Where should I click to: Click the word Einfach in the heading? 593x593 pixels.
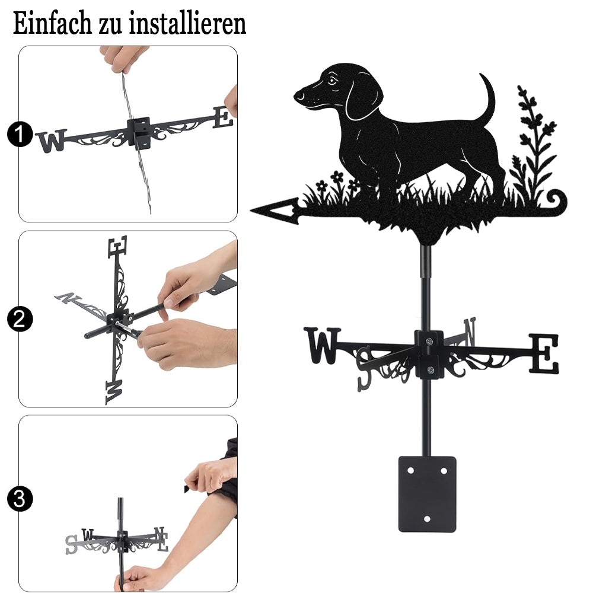pos(52,23)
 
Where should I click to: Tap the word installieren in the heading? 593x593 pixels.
pos(187,23)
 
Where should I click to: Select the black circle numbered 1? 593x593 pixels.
pos(20,135)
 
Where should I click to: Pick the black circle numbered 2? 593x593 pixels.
pos(20,319)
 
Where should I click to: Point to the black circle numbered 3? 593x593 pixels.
pos(20,499)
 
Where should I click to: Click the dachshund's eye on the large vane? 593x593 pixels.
pos(332,80)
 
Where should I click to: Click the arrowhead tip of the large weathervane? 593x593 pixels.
pos(251,210)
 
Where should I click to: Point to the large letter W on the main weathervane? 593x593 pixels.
pos(323,345)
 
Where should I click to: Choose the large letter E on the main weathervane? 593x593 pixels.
pos(544,353)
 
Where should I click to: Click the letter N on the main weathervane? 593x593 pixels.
pos(470,331)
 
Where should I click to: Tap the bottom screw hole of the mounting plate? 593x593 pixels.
pos(428,519)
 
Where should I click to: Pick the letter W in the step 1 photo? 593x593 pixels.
pos(52,141)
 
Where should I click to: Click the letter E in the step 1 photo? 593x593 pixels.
pos(223,117)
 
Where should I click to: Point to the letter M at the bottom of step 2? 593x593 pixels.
pos(114,392)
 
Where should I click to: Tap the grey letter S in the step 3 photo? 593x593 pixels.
pos(71,544)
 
